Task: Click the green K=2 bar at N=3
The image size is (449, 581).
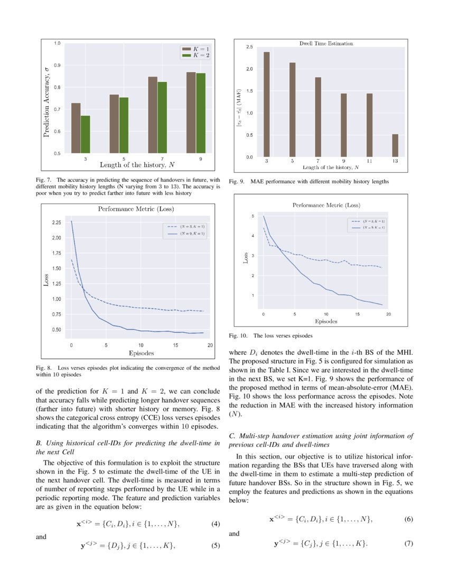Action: (86, 134)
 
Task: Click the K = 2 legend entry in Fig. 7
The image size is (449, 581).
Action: (196, 55)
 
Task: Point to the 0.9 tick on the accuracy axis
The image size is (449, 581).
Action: (57, 65)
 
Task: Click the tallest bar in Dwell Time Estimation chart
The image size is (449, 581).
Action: (267, 105)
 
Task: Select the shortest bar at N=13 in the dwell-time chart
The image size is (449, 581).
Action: (395, 146)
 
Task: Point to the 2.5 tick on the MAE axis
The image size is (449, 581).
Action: (249, 48)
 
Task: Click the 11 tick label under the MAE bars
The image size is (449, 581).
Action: (369, 161)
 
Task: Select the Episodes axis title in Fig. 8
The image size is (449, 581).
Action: (141, 352)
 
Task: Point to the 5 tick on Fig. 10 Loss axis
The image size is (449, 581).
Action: (252, 216)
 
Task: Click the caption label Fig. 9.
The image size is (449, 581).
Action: (236, 182)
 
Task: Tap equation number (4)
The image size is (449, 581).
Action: (215, 524)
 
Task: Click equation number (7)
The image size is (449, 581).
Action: (408, 543)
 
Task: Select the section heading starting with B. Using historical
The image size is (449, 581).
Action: (127, 448)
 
